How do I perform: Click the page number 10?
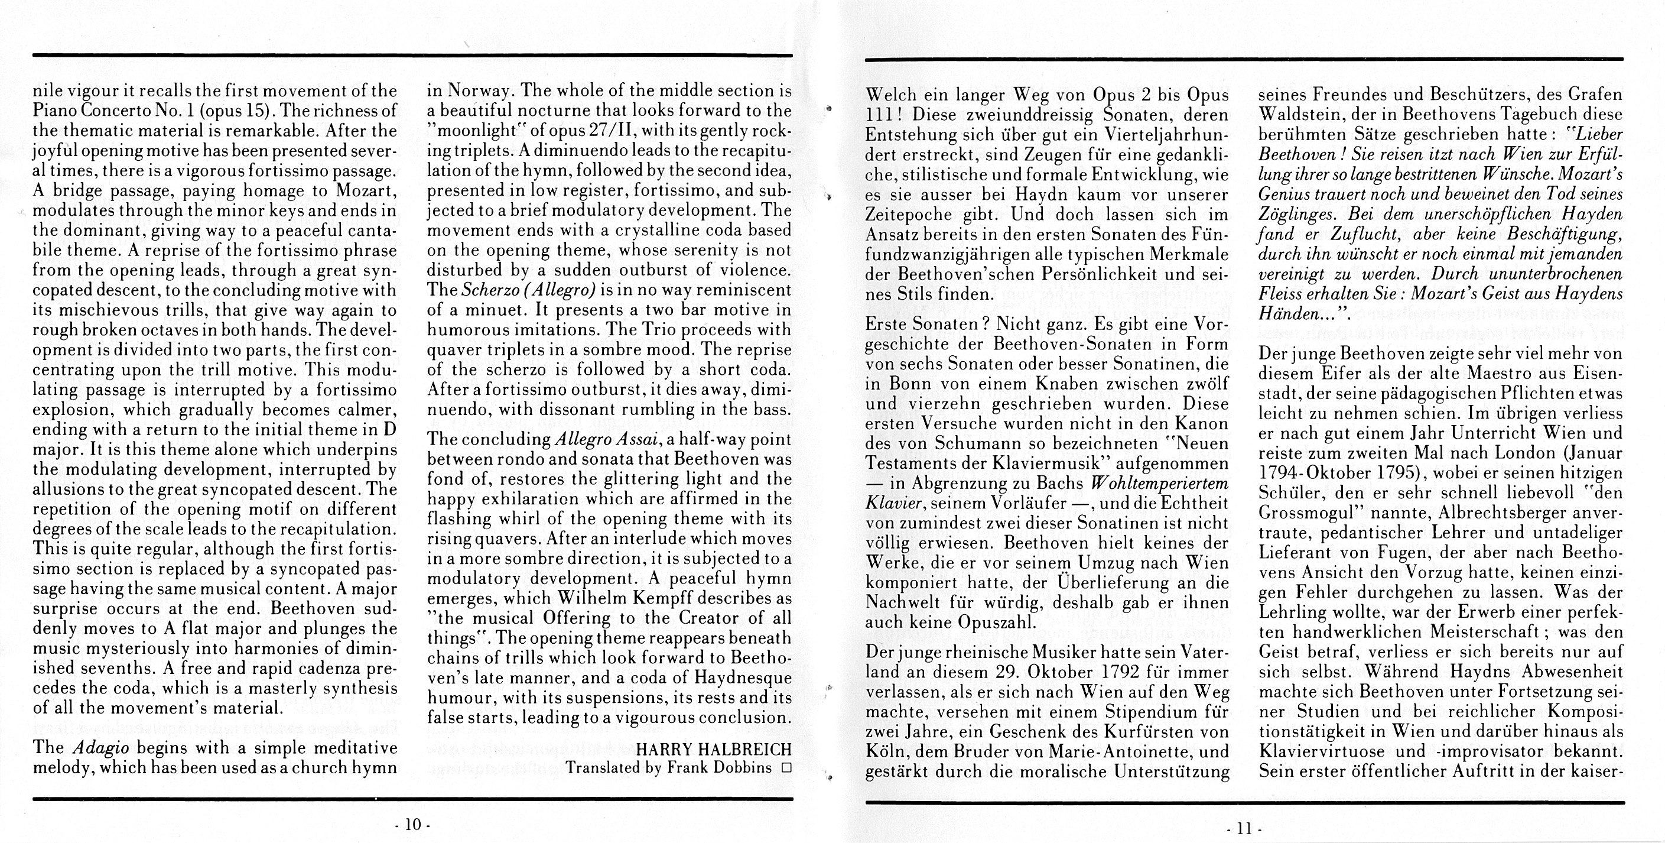click(412, 824)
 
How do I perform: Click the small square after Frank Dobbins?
click(786, 768)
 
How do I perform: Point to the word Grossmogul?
click(1309, 513)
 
